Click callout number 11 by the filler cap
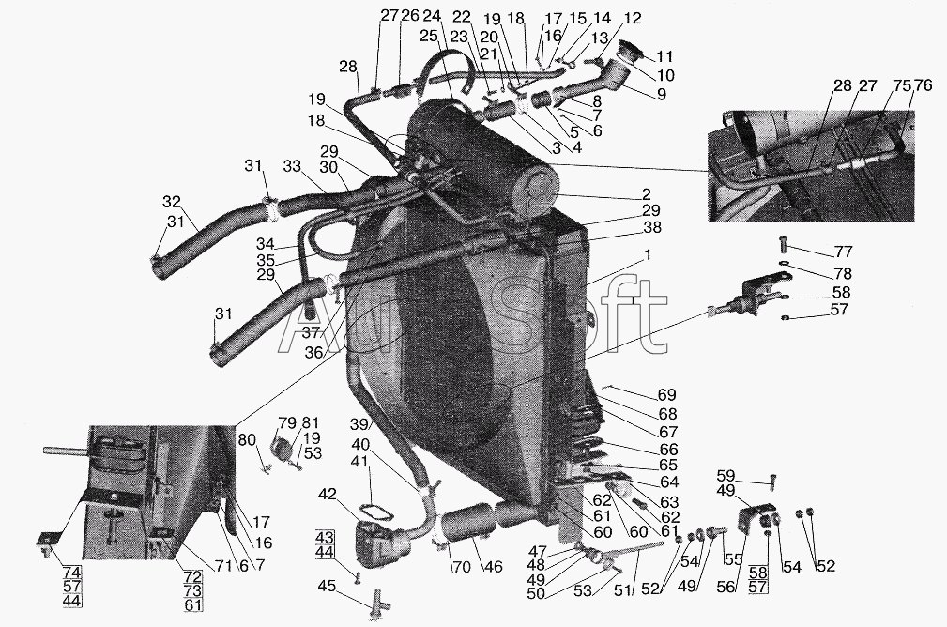pyautogui.click(x=664, y=56)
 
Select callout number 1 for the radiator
pyautogui.click(x=647, y=255)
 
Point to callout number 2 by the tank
pyautogui.click(x=647, y=194)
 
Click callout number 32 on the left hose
pyautogui.click(x=171, y=201)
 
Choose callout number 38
pyautogui.click(x=651, y=227)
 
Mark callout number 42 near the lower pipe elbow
pyautogui.click(x=328, y=494)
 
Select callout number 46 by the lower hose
pyautogui.click(x=494, y=567)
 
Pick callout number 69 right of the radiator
pyautogui.click(x=666, y=395)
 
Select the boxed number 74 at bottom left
pyautogui.click(x=71, y=573)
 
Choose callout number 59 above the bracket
pyautogui.click(x=726, y=475)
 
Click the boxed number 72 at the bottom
pyautogui.click(x=192, y=576)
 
